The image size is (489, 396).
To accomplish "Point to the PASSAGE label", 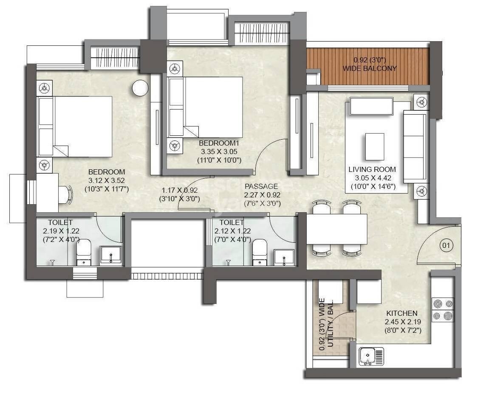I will coord(261,186).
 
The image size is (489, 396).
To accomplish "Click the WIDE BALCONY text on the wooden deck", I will coord(370,68).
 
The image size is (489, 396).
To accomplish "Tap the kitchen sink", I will coord(371,356).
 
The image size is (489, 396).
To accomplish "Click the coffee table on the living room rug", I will coord(375,146).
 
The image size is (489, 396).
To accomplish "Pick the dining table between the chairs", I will coord(336,229).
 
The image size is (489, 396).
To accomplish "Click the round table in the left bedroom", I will coord(140,88).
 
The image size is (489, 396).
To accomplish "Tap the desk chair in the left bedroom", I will coord(66,195).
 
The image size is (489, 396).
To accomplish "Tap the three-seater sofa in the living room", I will coord(414,146).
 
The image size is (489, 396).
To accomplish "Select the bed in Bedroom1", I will coord(206,107).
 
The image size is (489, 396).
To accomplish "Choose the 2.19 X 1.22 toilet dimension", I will coord(61,231).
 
